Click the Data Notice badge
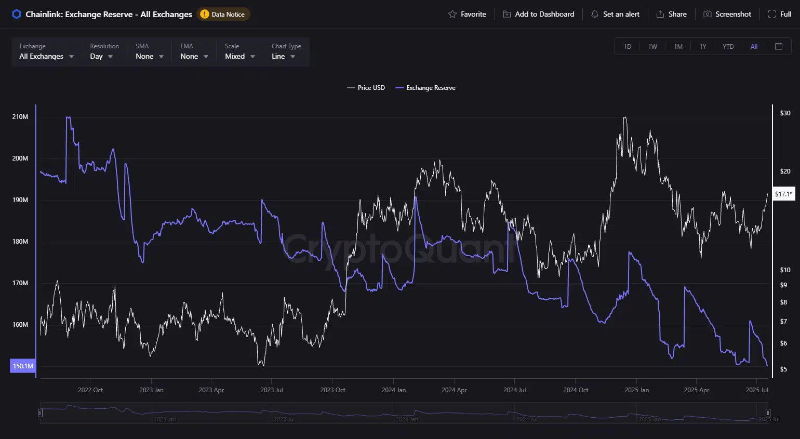(x=223, y=14)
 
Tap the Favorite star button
(x=467, y=14)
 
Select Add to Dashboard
(x=539, y=14)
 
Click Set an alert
(x=615, y=14)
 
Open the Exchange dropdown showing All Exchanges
(x=46, y=52)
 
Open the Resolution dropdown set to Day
(x=102, y=52)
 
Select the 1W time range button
(x=652, y=47)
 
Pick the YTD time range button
(x=728, y=47)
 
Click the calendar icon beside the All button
(x=778, y=47)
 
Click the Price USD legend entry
(x=366, y=88)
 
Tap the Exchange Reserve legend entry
(x=425, y=88)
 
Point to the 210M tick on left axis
(x=20, y=117)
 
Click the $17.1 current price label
(x=783, y=194)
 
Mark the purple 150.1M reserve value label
(x=23, y=366)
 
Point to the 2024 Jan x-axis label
(x=393, y=390)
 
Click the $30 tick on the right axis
(x=785, y=113)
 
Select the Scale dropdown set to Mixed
(x=239, y=52)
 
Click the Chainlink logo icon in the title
(x=17, y=14)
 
